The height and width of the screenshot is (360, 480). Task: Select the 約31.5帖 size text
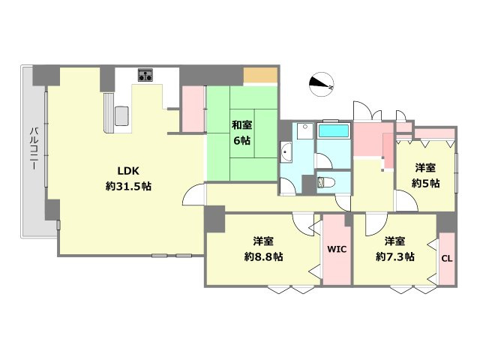pos(128,185)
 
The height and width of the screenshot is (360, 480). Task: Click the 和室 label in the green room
pos(241,124)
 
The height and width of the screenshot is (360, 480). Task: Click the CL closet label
pos(446,259)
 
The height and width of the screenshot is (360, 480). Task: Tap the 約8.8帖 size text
pos(263,256)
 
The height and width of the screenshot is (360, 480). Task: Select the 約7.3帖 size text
pos(395,256)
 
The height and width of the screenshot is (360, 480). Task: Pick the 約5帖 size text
pos(425,182)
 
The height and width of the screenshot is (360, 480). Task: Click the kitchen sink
pos(122,117)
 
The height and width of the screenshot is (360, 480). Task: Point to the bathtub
pos(334,130)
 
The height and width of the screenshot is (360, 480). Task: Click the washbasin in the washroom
pos(286,154)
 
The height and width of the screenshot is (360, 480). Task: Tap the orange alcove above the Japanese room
pos(261,75)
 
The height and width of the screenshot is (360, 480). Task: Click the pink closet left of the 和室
pos(193,109)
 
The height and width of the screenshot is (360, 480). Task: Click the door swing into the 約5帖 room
pos(403,199)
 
